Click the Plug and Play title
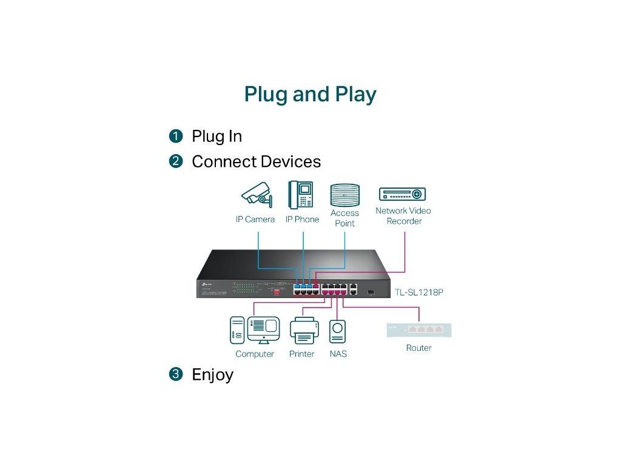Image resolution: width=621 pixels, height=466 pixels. point(310,94)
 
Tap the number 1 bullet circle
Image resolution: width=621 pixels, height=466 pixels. point(176,136)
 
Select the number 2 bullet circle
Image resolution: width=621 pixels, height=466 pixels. point(176,161)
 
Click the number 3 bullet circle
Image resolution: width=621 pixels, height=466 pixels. point(176,374)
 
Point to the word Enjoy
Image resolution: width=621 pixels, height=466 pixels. point(212,374)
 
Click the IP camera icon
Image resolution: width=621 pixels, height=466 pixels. point(257,195)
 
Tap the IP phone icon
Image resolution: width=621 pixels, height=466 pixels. point(301,195)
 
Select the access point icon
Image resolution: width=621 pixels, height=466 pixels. point(344,195)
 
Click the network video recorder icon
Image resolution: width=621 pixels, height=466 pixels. point(403,194)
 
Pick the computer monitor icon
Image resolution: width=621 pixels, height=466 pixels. point(263,331)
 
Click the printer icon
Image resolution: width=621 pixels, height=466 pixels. point(303,331)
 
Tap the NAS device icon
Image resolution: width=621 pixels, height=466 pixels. point(337,332)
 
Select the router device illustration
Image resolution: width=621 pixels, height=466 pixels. point(419,330)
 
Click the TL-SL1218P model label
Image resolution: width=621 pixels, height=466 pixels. point(418,292)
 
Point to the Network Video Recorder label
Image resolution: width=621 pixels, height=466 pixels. point(403,216)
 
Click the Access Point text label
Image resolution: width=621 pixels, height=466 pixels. point(344,218)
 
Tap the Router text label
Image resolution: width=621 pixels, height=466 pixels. point(419,348)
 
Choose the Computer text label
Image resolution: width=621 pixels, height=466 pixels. point(255,354)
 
